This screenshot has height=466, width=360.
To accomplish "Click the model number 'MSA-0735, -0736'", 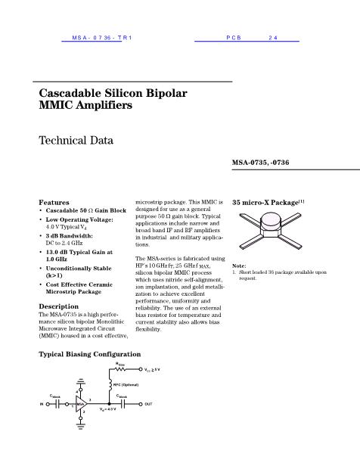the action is [x=260, y=163].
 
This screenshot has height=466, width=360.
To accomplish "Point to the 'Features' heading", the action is [x=54, y=202].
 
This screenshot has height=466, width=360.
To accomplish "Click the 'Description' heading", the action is [x=60, y=306].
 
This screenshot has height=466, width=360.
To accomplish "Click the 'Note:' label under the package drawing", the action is [x=239, y=266].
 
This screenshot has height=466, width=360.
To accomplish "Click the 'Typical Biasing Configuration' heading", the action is [x=89, y=354].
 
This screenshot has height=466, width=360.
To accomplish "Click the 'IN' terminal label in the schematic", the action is [x=41, y=404].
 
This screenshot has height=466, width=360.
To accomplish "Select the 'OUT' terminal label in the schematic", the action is [x=148, y=404].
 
